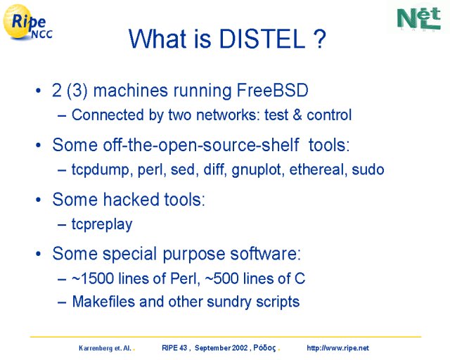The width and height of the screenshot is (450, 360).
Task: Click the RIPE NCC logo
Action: pyautogui.click(x=27, y=22)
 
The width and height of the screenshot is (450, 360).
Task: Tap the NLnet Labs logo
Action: pyautogui.click(x=419, y=19)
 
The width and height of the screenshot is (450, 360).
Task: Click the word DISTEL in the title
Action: pyautogui.click(x=262, y=39)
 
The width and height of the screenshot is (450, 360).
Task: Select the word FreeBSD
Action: pyautogui.click(x=272, y=91)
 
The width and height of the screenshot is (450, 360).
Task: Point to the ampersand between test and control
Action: pyautogui.click(x=297, y=115)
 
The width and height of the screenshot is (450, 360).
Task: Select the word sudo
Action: pyautogui.click(x=368, y=169)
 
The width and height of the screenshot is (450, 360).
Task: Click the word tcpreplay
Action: pyautogui.click(x=102, y=224)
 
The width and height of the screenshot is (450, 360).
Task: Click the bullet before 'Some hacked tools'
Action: pyautogui.click(x=39, y=200)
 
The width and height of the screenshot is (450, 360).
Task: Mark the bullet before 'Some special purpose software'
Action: pyautogui.click(x=39, y=254)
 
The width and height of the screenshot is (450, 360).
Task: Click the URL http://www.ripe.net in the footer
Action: pyautogui.click(x=337, y=348)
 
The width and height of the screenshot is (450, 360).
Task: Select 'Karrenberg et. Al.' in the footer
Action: pyautogui.click(x=105, y=349)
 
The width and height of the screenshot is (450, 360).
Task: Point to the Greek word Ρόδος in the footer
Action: pyautogui.click(x=264, y=348)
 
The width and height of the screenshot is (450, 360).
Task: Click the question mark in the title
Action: pyautogui.click(x=319, y=39)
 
